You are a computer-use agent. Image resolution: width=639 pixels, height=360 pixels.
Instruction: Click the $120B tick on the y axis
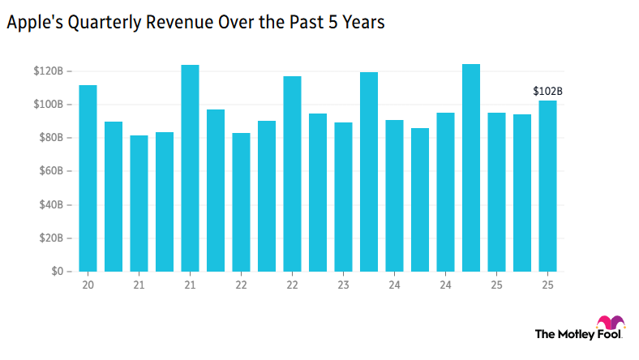[x=49, y=71]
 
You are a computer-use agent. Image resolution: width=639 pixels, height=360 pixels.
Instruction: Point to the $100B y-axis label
[x=49, y=105]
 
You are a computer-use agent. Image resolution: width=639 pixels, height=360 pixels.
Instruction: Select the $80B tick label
[x=51, y=138]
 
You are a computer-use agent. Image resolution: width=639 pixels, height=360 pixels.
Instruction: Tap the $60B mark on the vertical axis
[x=51, y=171]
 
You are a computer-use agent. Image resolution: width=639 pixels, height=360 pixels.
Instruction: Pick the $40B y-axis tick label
[x=51, y=204]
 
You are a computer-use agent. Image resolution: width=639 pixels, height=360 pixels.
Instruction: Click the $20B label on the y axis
[x=51, y=238]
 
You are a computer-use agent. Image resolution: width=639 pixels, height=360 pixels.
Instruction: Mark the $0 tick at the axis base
[x=58, y=272]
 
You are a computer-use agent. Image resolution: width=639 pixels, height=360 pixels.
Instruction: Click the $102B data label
[x=547, y=92]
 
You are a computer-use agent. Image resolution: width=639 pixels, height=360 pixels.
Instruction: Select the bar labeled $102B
[x=547, y=186]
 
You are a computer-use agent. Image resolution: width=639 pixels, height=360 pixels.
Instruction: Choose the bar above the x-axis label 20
[x=88, y=178]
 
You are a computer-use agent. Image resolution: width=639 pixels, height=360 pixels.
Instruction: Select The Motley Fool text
[x=578, y=333]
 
